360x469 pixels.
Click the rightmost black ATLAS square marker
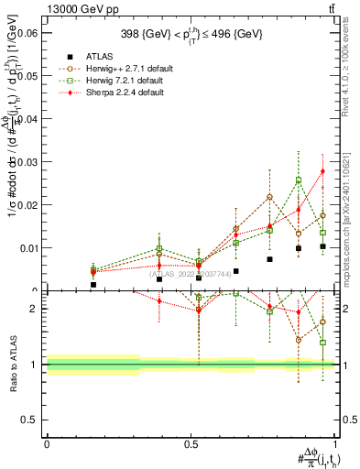(322, 246)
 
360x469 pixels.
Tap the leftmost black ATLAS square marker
(93, 285)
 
